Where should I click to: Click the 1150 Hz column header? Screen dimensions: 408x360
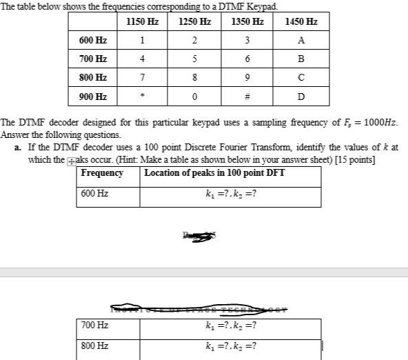(x=143, y=22)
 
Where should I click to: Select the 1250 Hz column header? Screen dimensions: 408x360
(x=194, y=22)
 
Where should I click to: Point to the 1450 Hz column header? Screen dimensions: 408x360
(x=301, y=22)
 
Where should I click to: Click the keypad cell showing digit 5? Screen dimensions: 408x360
(x=194, y=59)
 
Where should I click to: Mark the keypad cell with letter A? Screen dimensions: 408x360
(x=301, y=41)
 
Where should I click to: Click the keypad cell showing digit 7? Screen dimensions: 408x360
(x=143, y=78)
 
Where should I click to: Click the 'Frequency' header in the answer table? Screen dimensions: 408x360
(x=102, y=173)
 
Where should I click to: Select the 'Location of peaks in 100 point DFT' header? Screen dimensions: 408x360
(x=214, y=173)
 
